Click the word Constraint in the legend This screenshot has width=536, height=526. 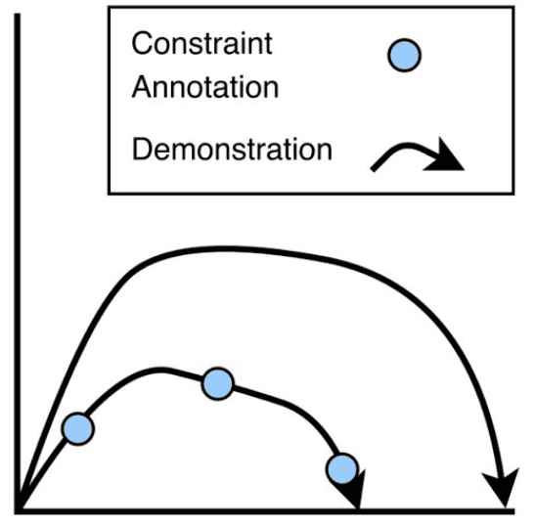point(201,43)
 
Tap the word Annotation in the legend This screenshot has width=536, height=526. point(205,87)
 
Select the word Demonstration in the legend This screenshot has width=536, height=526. point(232,149)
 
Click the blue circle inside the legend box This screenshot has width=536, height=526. point(404,56)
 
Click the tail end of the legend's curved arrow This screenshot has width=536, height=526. point(373,169)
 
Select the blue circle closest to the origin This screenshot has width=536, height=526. point(78,429)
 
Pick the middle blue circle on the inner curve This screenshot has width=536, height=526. point(218,383)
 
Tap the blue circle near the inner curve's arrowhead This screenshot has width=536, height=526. point(342,469)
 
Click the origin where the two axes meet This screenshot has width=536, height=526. point(18,510)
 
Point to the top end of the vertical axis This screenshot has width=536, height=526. point(18,15)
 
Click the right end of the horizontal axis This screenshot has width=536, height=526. point(514,511)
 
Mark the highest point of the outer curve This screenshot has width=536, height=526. point(219,248)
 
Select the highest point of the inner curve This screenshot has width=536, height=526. point(157,370)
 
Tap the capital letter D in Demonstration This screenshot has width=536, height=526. point(142,149)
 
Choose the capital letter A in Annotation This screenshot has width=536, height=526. point(143,87)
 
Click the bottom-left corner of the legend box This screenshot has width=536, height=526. point(109,194)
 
